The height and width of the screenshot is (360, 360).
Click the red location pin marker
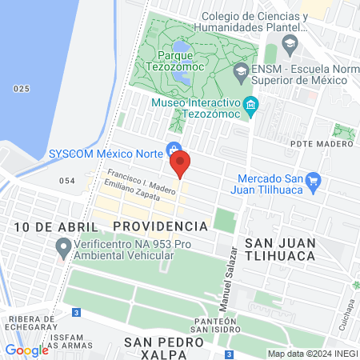(180, 163)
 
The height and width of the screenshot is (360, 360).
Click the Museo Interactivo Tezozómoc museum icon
(250, 106)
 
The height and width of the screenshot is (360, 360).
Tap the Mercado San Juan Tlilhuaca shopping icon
(313, 182)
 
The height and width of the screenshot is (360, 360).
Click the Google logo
(26, 350)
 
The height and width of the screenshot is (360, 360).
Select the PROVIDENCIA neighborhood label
(160, 226)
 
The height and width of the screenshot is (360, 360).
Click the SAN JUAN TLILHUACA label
(280, 248)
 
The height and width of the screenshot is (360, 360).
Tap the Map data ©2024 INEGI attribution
(312, 354)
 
